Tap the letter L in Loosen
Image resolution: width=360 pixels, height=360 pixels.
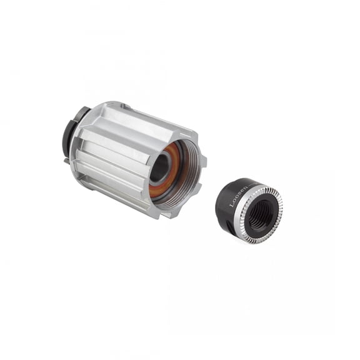(x=232, y=205)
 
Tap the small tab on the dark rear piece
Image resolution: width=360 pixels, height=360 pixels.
(x=66, y=159)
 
